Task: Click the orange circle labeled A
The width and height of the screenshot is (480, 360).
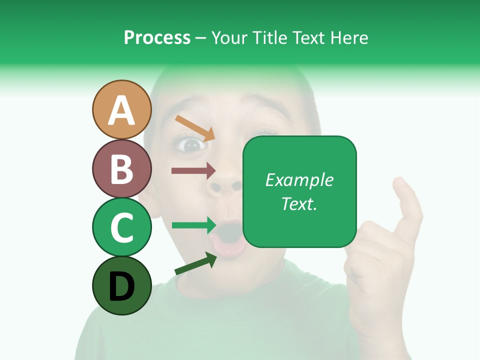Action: (x=121, y=109)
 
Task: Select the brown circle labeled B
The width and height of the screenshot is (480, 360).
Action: (x=121, y=168)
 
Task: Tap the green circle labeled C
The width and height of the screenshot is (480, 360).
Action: (x=121, y=227)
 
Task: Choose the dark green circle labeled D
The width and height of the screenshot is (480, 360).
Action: (x=121, y=286)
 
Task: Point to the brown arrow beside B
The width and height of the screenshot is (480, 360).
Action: (x=193, y=171)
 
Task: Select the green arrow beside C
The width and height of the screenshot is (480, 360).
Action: (x=193, y=225)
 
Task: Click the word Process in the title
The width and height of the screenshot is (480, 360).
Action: (x=157, y=38)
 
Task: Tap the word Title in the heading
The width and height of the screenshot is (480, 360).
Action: (x=270, y=38)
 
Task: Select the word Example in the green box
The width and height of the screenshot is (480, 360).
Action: (x=299, y=180)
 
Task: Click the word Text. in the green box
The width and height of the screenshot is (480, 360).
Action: (x=299, y=203)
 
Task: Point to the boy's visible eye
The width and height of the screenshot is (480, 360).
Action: (x=191, y=145)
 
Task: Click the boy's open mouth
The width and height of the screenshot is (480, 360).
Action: (x=229, y=236)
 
